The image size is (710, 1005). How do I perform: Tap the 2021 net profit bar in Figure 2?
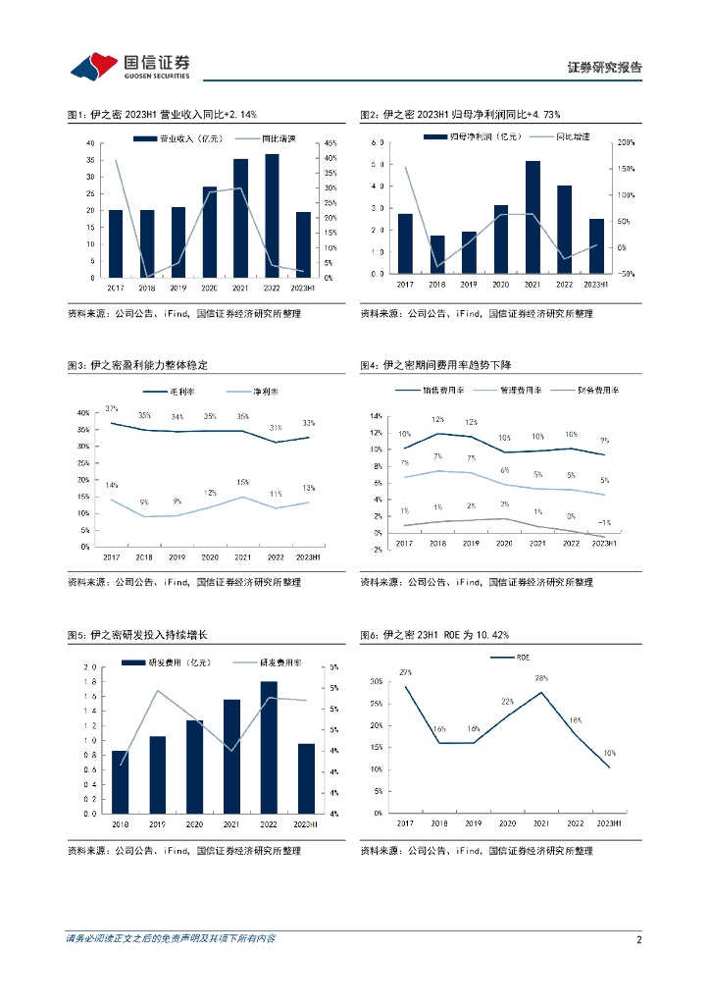pyautogui.click(x=532, y=217)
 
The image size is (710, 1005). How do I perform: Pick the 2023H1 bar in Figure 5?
pyautogui.click(x=305, y=778)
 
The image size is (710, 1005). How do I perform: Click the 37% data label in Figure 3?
pyautogui.click(x=112, y=408)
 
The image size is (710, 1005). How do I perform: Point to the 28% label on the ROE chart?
pyautogui.click(x=540, y=678)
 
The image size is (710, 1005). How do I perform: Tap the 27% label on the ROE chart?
pyautogui.click(x=405, y=672)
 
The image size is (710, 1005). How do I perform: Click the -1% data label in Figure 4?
pyautogui.click(x=605, y=522)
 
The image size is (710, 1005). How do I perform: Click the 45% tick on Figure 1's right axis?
pyautogui.click(x=331, y=143)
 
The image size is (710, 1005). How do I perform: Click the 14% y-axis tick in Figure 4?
pyautogui.click(x=377, y=416)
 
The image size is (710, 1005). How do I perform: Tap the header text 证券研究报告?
pyautogui.click(x=605, y=68)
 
